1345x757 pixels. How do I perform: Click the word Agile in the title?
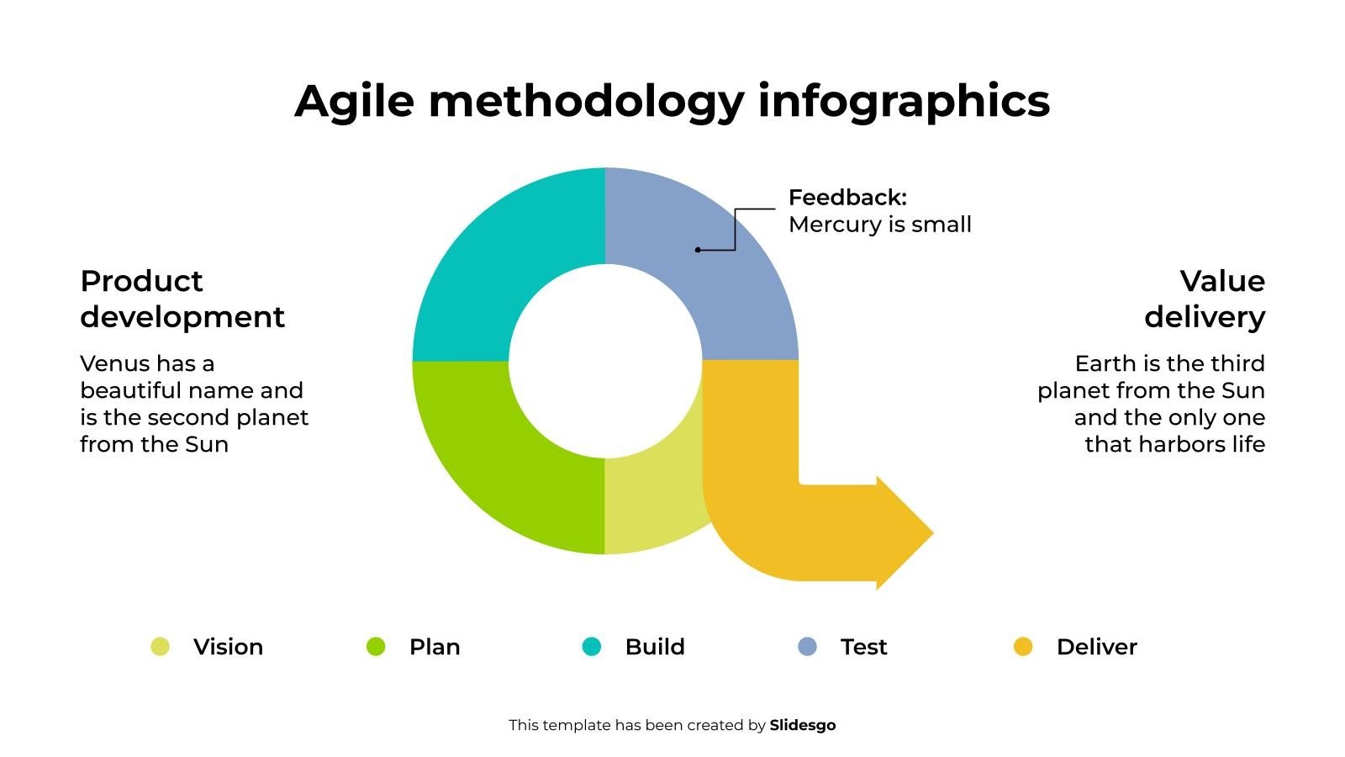[354, 102]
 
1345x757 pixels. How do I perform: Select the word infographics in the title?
[904, 102]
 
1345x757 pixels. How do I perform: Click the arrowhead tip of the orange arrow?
[933, 533]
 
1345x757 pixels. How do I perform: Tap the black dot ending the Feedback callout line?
[698, 249]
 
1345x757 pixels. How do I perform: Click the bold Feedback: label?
[847, 198]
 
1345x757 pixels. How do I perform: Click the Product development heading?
[182, 299]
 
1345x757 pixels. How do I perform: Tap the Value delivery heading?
[1205, 299]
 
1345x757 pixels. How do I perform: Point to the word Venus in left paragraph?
[114, 363]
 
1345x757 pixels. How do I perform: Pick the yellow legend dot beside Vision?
[160, 647]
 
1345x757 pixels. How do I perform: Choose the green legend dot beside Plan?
[376, 647]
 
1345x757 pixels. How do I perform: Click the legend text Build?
[655, 647]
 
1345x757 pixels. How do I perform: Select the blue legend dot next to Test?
[808, 647]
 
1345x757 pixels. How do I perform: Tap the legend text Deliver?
[1097, 647]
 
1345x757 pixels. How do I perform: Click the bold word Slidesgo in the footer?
[803, 725]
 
